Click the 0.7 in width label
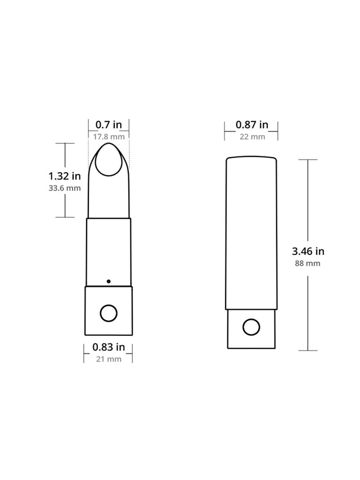coord(109,125)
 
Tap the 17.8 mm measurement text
coord(109,137)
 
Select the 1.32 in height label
coord(65,176)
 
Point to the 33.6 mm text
coord(65,189)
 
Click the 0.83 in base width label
coord(109,347)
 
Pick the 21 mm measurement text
coord(109,359)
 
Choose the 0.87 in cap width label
coord(251,125)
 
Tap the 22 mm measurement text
coord(251,137)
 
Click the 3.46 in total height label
coord(308,251)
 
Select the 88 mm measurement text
coord(308,263)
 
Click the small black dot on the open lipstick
coord(109,280)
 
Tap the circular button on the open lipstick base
coord(109,313)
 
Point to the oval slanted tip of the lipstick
coord(109,160)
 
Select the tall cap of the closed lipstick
coord(251,234)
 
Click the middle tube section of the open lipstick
coord(109,250)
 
